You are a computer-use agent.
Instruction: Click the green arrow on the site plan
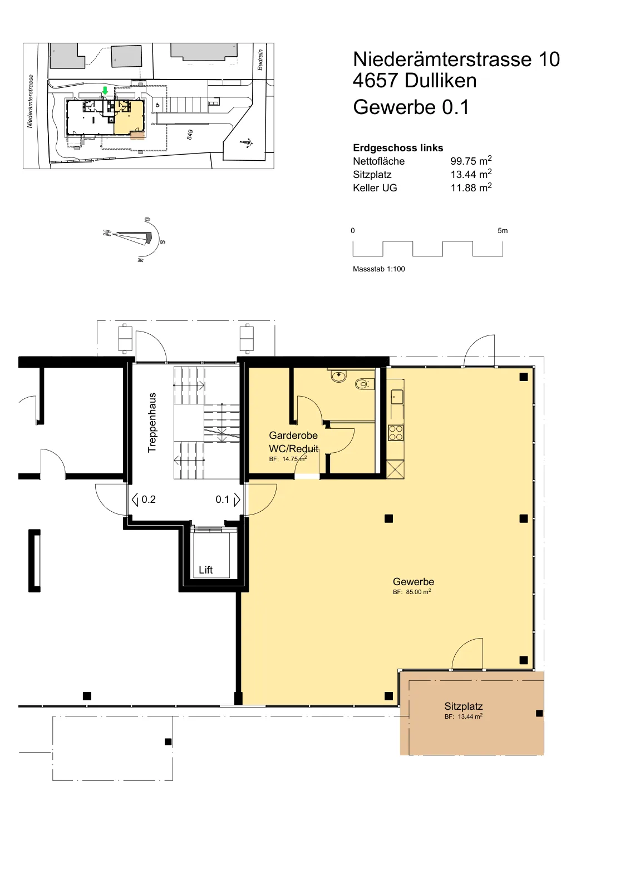(105, 91)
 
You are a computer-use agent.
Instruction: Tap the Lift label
(205, 570)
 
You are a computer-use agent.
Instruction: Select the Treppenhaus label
(152, 422)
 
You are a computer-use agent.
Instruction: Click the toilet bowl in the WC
(362, 384)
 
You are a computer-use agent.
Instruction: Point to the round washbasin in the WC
(338, 376)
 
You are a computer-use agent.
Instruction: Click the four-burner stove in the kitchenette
(396, 433)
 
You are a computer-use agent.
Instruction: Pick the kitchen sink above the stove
(397, 397)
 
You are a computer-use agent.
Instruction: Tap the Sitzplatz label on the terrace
(464, 706)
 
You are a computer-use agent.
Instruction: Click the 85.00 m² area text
(412, 592)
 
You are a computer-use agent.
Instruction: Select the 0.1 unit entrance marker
(228, 500)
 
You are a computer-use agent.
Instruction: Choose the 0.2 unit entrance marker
(144, 500)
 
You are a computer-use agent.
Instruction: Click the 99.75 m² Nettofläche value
(471, 161)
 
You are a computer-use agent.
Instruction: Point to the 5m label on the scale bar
(503, 230)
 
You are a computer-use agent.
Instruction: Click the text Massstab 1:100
(379, 269)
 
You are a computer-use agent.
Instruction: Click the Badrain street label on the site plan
(260, 60)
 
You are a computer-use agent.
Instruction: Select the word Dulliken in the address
(440, 81)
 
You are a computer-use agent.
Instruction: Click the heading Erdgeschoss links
(398, 148)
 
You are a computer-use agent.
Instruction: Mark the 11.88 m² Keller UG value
(471, 187)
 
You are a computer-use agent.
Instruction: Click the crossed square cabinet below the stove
(396, 469)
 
